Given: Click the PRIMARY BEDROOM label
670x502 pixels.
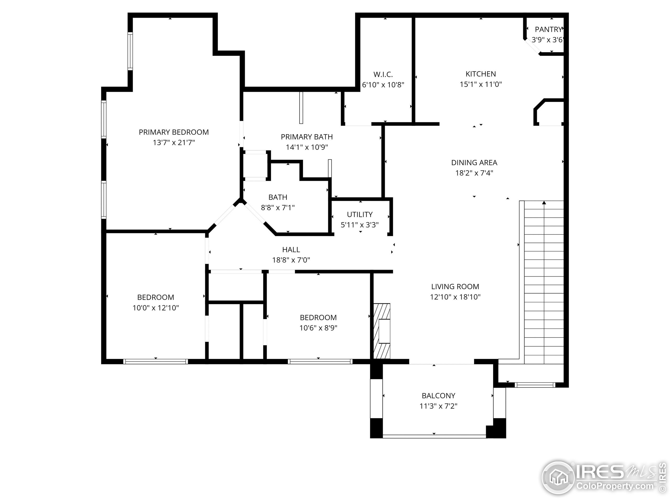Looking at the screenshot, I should pyautogui.click(x=174, y=132).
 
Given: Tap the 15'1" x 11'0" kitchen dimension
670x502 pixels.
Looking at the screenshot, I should pyautogui.click(x=481, y=84).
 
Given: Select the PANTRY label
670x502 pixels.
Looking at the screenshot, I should pyautogui.click(x=548, y=30).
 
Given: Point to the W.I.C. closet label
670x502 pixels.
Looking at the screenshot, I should pyautogui.click(x=383, y=75).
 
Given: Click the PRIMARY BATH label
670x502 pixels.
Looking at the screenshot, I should pyautogui.click(x=306, y=137).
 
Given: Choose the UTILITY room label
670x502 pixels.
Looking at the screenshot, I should pyautogui.click(x=360, y=215).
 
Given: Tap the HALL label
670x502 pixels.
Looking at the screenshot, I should pyautogui.click(x=291, y=250).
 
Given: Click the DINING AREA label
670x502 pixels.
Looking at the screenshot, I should pyautogui.click(x=474, y=163).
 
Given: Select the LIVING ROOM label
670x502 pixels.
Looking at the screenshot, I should pyautogui.click(x=455, y=287).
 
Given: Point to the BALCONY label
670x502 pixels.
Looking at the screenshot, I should pyautogui.click(x=438, y=396).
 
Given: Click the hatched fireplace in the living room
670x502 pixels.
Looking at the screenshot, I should pyautogui.click(x=382, y=331).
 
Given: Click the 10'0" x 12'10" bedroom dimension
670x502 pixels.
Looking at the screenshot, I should pyautogui.click(x=155, y=308).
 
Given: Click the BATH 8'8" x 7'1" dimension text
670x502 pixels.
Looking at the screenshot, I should pyautogui.click(x=278, y=208).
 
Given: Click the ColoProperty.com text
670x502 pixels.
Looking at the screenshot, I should pyautogui.click(x=615, y=486).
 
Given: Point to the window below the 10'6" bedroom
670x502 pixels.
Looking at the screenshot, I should pyautogui.click(x=320, y=361).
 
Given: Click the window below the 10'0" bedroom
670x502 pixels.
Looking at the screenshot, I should pyautogui.click(x=155, y=361).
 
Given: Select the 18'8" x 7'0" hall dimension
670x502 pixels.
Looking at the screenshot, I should pyautogui.click(x=291, y=260).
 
